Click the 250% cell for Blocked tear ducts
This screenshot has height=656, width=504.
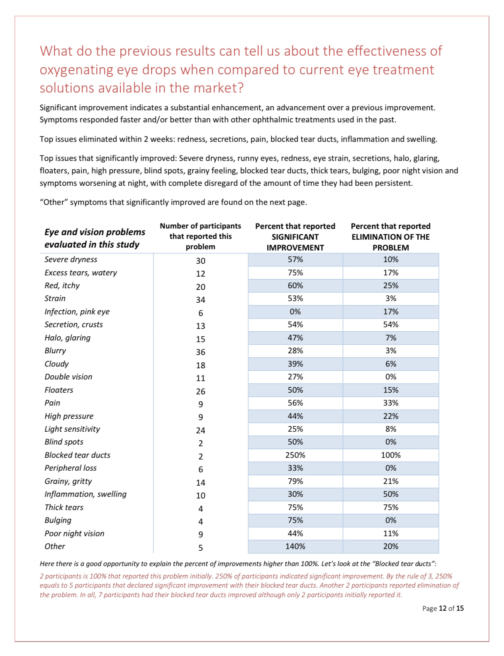pos(295,455)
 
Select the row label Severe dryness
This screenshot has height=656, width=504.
pos(71,260)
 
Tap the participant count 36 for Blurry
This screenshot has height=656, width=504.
pos(200,352)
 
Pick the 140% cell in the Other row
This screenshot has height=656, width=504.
pos(295,547)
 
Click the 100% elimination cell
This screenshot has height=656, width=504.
pos(390,455)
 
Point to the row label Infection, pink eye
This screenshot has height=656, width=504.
pos(77,312)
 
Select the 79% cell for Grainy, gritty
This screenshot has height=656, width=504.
pos(295,481)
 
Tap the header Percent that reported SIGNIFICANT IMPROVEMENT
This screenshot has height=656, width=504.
pos(295,237)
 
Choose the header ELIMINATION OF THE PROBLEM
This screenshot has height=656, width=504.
pos(390,242)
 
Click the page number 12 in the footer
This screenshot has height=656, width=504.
pos(443,608)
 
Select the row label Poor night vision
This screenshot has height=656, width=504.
pos(74,534)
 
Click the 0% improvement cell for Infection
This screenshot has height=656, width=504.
pos(295,312)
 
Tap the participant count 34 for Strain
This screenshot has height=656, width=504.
pos(200,300)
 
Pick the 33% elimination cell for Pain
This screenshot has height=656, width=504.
pos(390,403)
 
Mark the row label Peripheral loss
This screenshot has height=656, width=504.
pos(71,468)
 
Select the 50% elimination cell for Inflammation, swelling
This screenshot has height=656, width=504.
pos(390,494)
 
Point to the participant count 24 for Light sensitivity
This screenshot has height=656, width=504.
pos(200,430)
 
